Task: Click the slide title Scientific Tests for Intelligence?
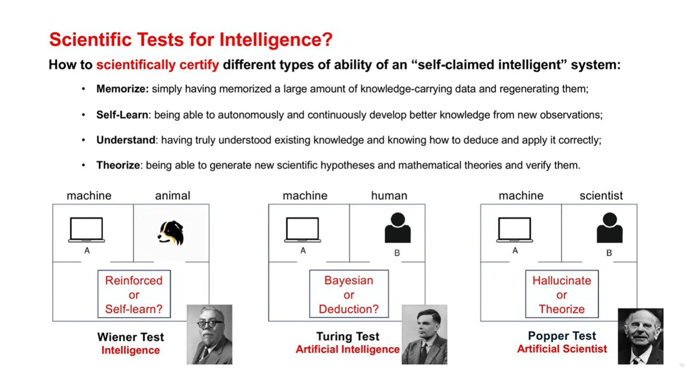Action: click(191, 40)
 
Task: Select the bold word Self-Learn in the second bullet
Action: click(123, 115)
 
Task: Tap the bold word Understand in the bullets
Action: click(125, 140)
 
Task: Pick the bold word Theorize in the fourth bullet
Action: click(118, 165)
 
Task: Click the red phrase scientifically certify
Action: click(157, 65)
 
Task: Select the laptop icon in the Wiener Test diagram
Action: click(86, 230)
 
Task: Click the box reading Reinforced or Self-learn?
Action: click(134, 295)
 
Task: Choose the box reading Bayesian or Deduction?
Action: click(349, 295)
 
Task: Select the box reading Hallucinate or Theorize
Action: click(562, 295)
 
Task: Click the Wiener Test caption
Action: click(131, 337)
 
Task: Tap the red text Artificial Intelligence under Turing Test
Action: click(348, 349)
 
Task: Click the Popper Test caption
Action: click(562, 336)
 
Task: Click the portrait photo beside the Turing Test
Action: click(424, 334)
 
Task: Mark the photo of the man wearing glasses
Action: click(210, 334)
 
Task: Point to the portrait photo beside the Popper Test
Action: click(640, 336)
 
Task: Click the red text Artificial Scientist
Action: click(562, 348)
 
